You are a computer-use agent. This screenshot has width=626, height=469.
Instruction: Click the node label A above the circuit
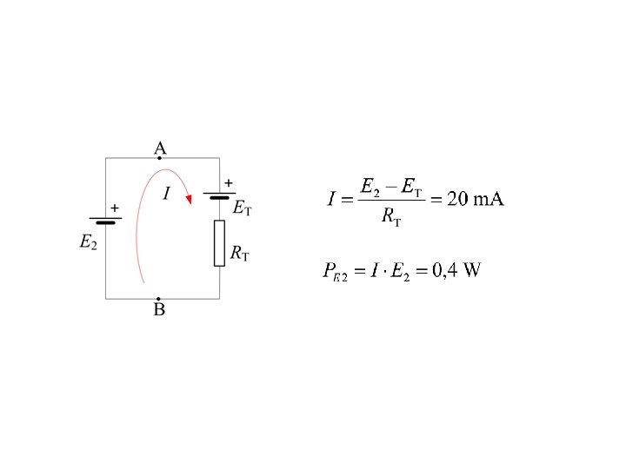tap(160, 149)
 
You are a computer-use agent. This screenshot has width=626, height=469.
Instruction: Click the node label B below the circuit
tap(159, 310)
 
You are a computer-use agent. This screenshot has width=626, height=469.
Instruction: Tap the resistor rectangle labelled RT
tap(219, 243)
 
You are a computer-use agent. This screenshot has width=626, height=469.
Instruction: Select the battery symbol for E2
tap(105, 218)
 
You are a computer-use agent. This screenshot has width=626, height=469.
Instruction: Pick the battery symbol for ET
tap(219, 195)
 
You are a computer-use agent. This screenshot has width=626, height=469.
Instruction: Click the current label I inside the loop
tap(166, 193)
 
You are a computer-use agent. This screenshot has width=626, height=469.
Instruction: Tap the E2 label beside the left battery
tap(88, 243)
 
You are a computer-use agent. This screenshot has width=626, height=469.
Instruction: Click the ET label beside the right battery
tap(243, 208)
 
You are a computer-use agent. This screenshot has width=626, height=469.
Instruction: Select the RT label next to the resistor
tap(240, 254)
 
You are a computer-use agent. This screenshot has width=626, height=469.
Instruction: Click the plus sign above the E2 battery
tap(115, 208)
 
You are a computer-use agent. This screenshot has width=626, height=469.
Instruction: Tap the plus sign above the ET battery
tap(229, 183)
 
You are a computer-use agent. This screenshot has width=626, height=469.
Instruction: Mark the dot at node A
tap(159, 158)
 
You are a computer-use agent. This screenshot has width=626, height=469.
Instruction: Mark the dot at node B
tap(158, 299)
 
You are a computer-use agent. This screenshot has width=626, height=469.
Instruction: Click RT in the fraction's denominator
tap(391, 218)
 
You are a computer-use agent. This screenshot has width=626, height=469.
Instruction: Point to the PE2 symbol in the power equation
tap(335, 272)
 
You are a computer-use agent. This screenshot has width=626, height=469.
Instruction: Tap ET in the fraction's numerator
tap(410, 187)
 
